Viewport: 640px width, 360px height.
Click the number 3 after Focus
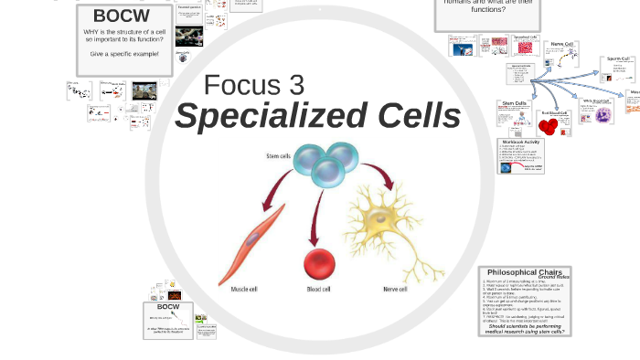click(x=294, y=85)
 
